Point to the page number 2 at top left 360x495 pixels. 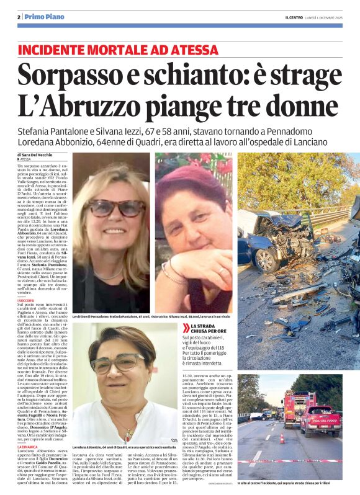click(19, 16)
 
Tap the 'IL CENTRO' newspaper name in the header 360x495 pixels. click(286, 17)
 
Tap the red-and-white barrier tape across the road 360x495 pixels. click(298, 460)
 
